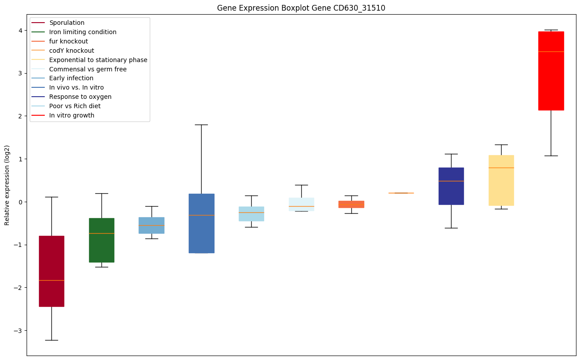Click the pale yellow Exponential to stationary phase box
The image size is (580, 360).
[x=501, y=186]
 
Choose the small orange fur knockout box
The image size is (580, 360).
[x=351, y=204]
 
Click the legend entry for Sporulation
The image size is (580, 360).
[x=66, y=23]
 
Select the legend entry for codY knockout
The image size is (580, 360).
[x=71, y=51]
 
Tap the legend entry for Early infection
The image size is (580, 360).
[x=71, y=78]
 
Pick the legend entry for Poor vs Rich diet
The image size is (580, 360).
[x=74, y=106]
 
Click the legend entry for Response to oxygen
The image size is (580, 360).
[x=80, y=97]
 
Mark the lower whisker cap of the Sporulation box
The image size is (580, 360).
[x=51, y=340]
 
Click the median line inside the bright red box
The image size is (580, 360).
[x=551, y=51]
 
